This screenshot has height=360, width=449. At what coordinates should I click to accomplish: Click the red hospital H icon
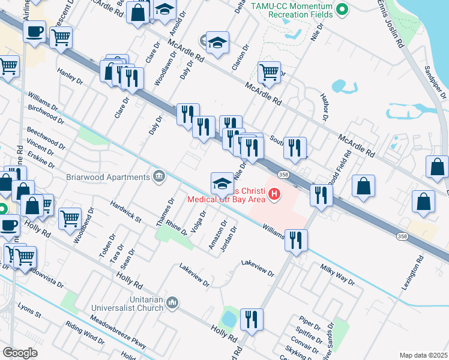(275, 194)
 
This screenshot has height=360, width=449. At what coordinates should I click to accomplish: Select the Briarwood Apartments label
(109, 177)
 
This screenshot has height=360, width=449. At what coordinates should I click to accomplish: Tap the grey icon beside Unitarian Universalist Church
(172, 302)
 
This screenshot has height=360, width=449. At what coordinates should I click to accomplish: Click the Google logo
(20, 352)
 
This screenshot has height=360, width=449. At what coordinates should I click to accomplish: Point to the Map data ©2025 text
(423, 355)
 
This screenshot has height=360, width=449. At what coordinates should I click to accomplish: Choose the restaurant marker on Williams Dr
(296, 240)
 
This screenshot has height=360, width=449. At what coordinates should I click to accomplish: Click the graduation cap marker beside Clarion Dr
(217, 43)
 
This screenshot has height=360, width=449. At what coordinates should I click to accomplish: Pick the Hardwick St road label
(125, 212)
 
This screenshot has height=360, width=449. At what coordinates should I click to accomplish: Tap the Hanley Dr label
(70, 76)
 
